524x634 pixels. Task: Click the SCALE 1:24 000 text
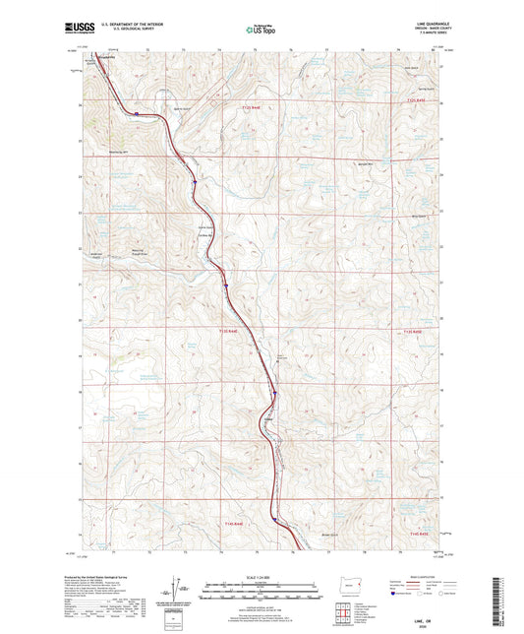pos(262,577)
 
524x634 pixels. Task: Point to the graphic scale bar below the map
pos(262,590)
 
